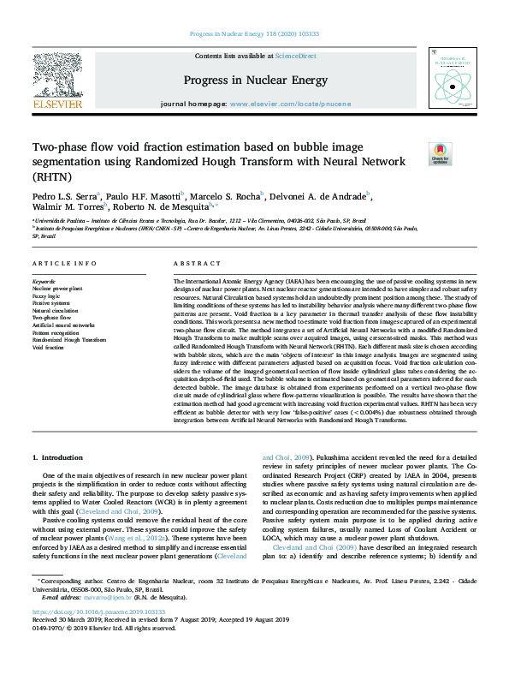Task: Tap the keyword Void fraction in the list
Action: (x=49, y=348)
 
